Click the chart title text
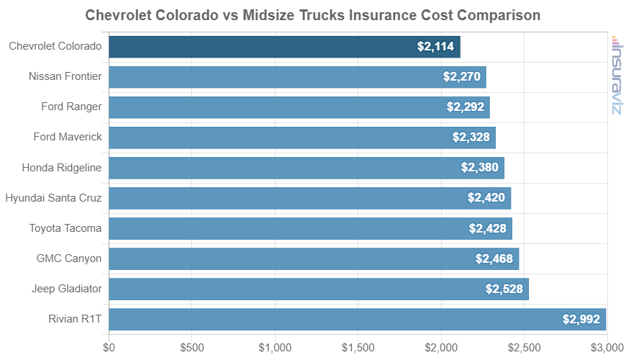pyautogui.click(x=313, y=15)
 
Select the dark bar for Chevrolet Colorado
pyautogui.click(x=284, y=47)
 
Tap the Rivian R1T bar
pyautogui.click(x=358, y=319)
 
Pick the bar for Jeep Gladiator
pyautogui.click(x=319, y=289)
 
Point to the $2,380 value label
pyautogui.click(x=480, y=167)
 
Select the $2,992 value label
pyautogui.click(x=581, y=319)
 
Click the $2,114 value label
pyautogui.click(x=435, y=47)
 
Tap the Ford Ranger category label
pyautogui.click(x=71, y=107)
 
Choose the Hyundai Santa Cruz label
pyautogui.click(x=54, y=197)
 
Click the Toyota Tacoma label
pyautogui.click(x=65, y=228)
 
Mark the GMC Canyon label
pyautogui.click(x=69, y=258)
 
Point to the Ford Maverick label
pyautogui.click(x=68, y=137)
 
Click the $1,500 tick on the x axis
pyautogui.click(x=358, y=347)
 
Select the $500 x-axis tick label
pyautogui.click(x=192, y=347)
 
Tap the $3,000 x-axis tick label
pyautogui.click(x=606, y=347)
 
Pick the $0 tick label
pyautogui.click(x=109, y=347)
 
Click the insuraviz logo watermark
pyautogui.click(x=616, y=75)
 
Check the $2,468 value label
pyautogui.click(x=494, y=258)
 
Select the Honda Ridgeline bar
pyautogui.click(x=307, y=167)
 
